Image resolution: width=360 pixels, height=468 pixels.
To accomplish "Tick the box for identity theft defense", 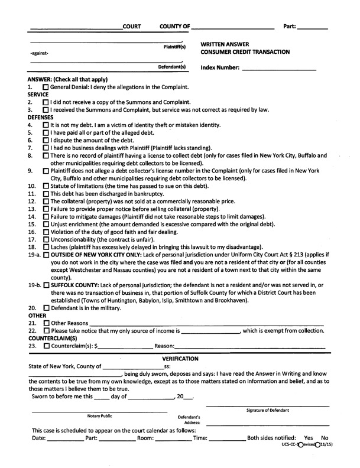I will (46, 125).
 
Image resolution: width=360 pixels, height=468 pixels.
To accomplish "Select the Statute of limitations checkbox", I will (46, 186).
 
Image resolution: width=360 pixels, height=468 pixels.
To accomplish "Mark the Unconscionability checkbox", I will (46, 240).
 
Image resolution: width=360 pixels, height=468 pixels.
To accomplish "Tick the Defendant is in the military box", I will (46, 308).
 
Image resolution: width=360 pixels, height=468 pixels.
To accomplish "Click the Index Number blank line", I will (285, 67).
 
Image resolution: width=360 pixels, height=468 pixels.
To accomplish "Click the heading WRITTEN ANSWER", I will (225, 44).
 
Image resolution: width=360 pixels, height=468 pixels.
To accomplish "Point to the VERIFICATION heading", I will (180, 359).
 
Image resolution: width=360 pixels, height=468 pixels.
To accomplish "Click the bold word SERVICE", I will (38, 94).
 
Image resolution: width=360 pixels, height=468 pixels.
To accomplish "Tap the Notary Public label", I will (99, 416).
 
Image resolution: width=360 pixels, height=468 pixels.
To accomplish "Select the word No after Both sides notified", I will (324, 438).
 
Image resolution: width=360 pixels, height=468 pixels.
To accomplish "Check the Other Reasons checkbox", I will (46, 323).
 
